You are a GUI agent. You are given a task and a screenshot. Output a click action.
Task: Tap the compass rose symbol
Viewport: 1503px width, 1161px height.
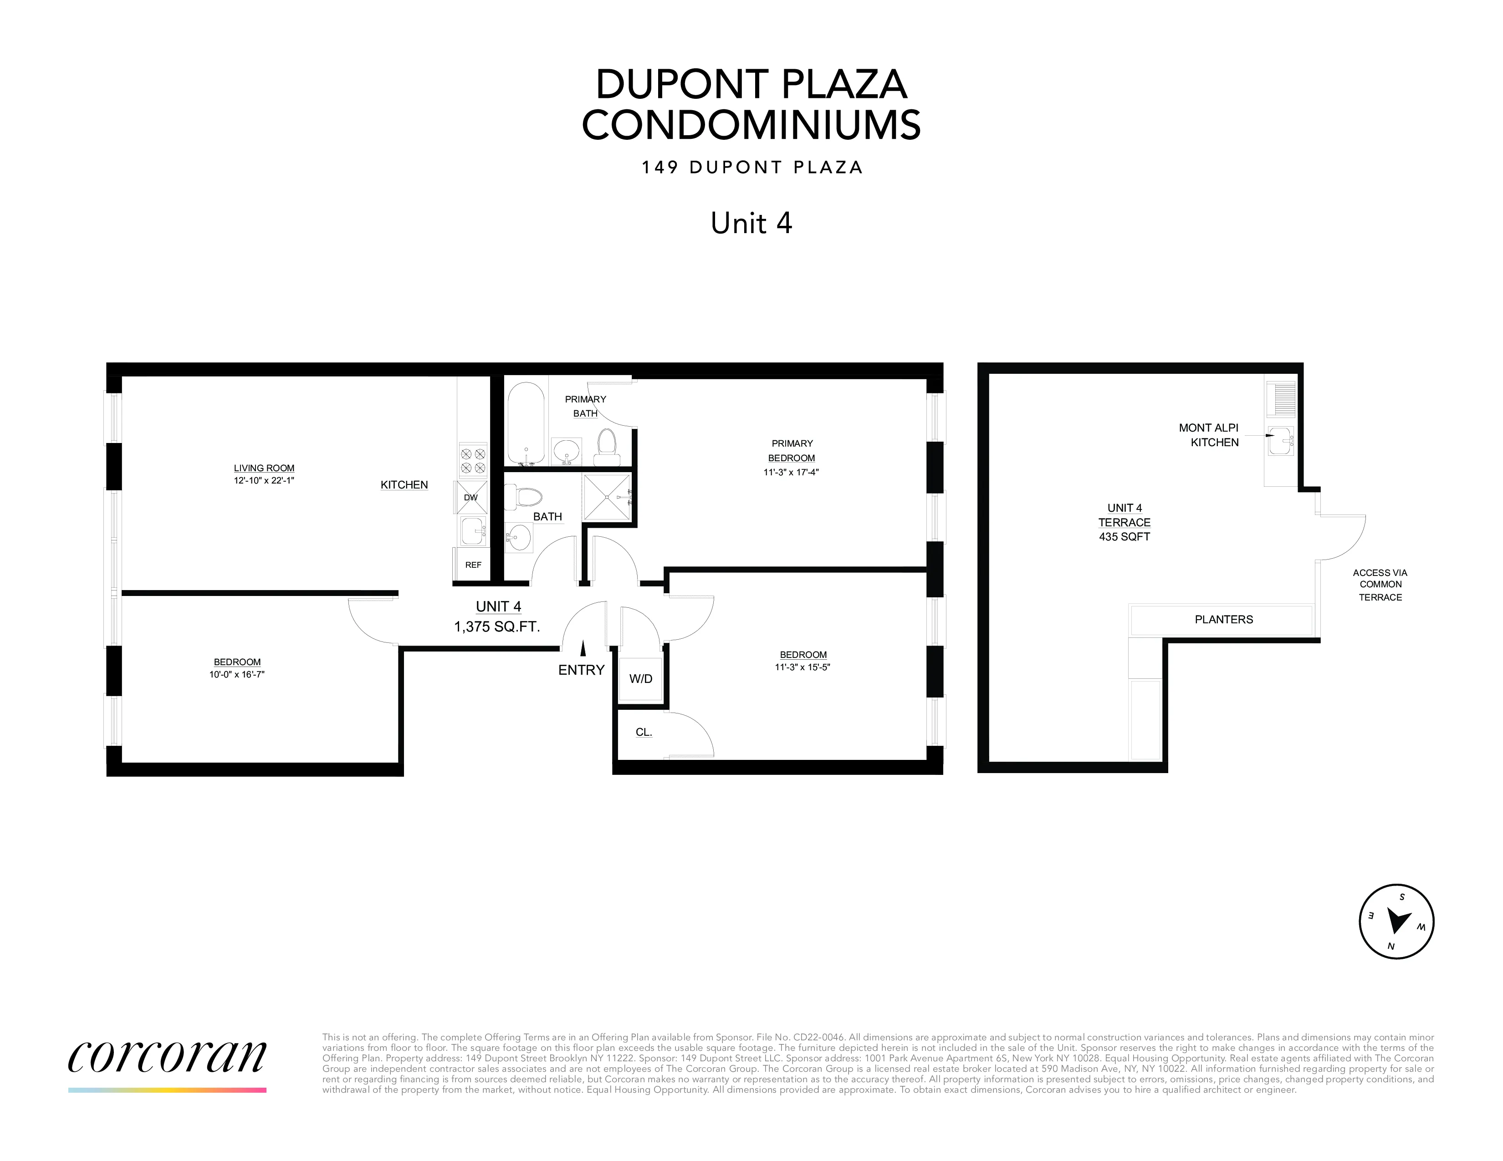1396,921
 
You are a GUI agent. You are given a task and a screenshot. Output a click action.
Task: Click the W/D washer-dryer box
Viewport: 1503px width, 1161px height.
641,679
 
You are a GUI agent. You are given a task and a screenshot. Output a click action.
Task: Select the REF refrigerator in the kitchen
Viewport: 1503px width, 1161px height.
473,565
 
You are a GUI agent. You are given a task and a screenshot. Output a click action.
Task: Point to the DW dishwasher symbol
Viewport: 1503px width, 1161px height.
471,497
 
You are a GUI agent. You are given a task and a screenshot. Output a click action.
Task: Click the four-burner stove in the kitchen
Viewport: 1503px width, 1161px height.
472,460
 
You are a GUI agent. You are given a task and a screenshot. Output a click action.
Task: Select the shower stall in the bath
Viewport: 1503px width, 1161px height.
606,496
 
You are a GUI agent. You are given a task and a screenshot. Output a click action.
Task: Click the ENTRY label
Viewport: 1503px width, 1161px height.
581,670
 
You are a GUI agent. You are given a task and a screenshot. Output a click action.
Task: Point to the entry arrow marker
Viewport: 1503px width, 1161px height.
583,648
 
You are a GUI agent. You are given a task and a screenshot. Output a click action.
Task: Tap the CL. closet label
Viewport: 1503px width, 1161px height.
644,733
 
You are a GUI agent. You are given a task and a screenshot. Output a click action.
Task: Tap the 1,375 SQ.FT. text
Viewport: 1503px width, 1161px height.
497,626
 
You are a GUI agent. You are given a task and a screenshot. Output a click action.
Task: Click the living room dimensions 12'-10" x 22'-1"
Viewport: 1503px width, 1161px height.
264,481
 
